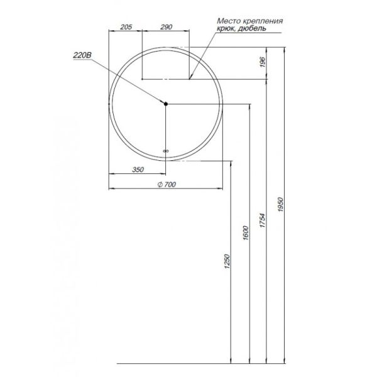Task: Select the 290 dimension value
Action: coord(166,26)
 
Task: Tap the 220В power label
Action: coord(82,56)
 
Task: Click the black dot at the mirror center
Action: coord(165,104)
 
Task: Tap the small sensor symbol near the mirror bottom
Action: coord(166,151)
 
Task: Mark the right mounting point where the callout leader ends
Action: coord(190,79)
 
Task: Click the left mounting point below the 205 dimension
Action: coord(142,79)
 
